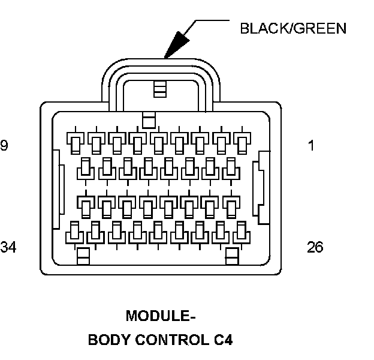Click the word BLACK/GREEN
[293, 28]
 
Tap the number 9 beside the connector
[4, 146]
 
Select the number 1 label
[311, 146]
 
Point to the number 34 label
[8, 247]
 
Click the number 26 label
[315, 247]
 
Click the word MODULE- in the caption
[161, 316]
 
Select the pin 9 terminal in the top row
[74, 142]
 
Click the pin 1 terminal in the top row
[242, 142]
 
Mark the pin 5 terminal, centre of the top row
[158, 142]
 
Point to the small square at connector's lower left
[83, 256]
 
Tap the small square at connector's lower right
[232, 256]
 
